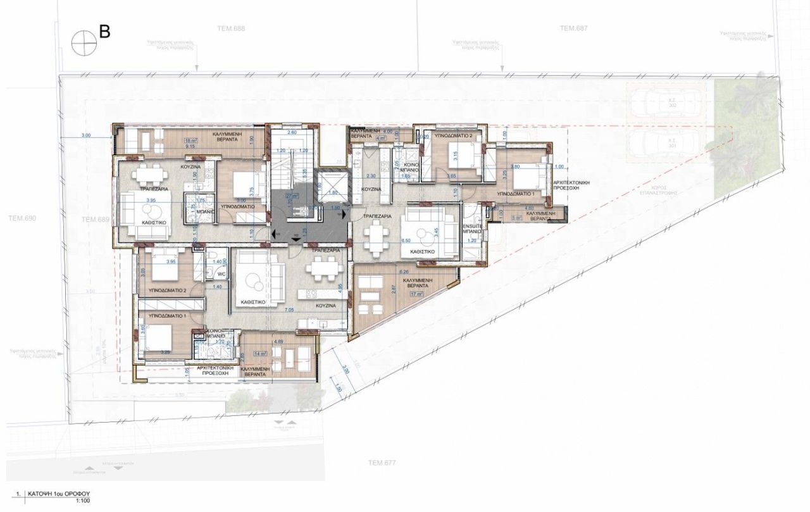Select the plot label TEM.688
click(232, 28)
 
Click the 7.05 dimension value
click(290, 310)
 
